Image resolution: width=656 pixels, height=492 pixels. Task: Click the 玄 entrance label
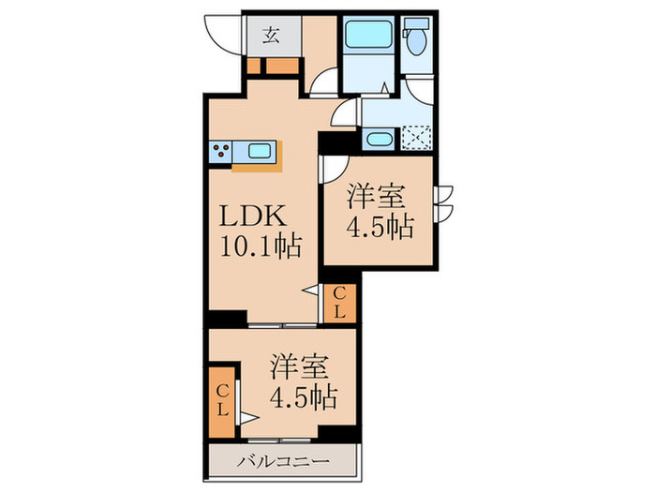(270, 37)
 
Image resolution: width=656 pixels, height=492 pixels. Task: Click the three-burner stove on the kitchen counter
(222, 149)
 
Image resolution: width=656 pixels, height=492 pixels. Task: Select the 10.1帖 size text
(260, 248)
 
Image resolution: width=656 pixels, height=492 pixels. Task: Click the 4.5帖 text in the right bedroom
(381, 229)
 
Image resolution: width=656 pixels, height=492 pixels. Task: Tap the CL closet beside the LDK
(340, 304)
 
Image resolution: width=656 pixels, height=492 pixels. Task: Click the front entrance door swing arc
(223, 37)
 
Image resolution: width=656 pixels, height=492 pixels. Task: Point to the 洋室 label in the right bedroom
(379, 197)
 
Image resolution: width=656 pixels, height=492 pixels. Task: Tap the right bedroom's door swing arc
(333, 171)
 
